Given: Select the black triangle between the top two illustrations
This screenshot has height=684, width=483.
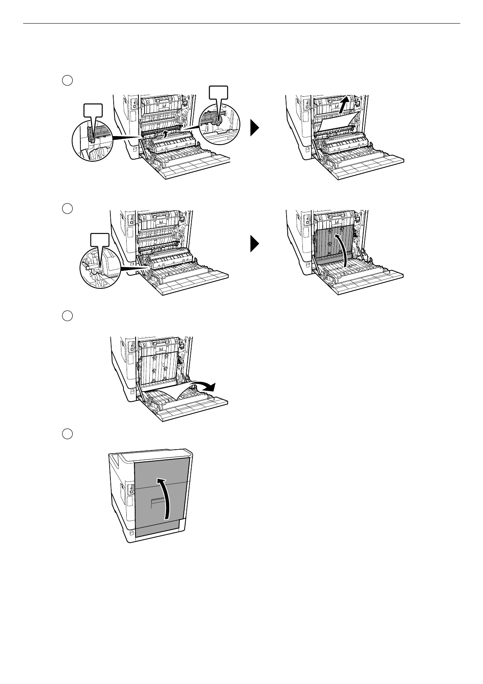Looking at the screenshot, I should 254,129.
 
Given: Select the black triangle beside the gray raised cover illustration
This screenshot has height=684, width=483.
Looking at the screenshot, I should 254,245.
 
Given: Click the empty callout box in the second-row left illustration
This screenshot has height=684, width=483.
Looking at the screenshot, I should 99,240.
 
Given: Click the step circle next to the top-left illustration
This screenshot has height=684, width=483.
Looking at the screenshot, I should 67,80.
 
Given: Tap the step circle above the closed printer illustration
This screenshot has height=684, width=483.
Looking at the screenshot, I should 67,434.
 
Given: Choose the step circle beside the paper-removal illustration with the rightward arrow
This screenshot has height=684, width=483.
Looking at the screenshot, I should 67,316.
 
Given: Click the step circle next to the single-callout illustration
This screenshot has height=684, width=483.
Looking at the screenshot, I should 67,208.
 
